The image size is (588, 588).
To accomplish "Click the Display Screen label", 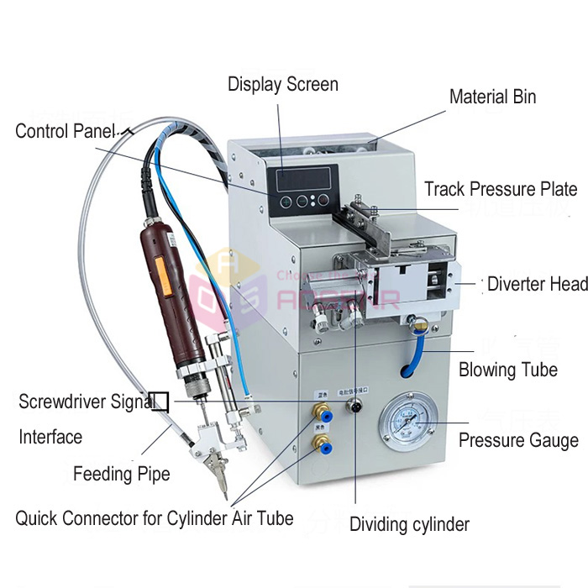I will pyautogui.click(x=283, y=84).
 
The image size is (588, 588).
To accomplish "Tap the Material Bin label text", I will pyautogui.click(x=492, y=97).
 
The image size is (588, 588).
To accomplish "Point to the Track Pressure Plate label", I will pyautogui.click(x=501, y=189).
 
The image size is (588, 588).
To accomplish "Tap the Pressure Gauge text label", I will pyautogui.click(x=518, y=440).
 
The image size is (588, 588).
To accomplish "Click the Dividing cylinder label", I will pyautogui.click(x=409, y=525).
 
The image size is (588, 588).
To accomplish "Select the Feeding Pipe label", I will pyautogui.click(x=121, y=474).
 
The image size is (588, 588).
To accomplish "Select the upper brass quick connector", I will pyautogui.click(x=321, y=411).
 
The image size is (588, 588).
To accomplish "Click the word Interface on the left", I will pyautogui.click(x=50, y=437).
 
